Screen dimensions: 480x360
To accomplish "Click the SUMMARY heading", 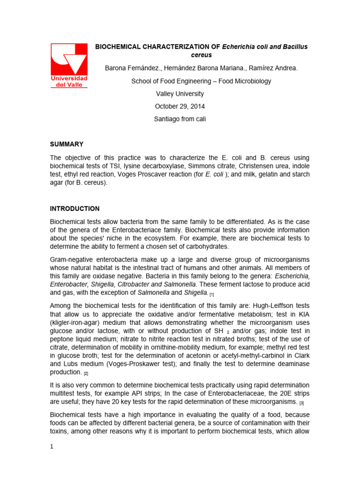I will tap(67, 144).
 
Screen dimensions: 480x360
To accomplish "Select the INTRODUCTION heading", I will tap(75, 209).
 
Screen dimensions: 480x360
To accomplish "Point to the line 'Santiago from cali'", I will tap(180, 119).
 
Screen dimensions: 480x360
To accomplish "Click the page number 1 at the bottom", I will tap(52, 446).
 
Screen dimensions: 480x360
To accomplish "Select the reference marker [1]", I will tap(212, 294).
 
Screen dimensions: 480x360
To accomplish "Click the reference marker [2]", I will tap(86, 373).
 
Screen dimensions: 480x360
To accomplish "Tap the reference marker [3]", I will tap(302, 403).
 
